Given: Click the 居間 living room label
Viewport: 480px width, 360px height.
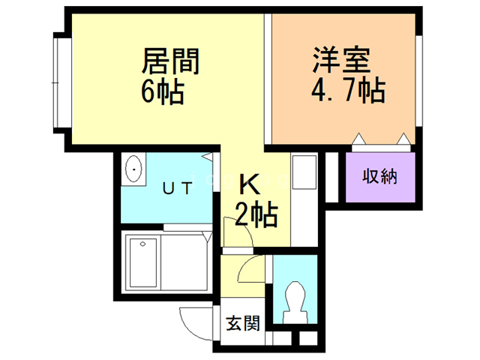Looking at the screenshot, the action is [x=170, y=61].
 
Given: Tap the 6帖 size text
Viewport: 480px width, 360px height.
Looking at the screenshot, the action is [x=163, y=91].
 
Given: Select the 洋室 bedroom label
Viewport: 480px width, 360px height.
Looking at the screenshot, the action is [x=341, y=59].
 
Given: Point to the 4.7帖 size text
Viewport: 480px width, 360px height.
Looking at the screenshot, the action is [x=348, y=89].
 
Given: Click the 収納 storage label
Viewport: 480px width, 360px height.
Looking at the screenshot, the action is [x=380, y=177].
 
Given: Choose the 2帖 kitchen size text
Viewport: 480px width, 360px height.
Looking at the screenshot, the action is [x=256, y=214].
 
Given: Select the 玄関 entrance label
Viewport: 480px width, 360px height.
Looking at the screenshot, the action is [x=243, y=323].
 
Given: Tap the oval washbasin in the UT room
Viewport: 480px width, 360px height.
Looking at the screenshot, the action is [x=133, y=169].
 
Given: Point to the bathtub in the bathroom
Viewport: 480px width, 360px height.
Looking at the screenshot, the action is [x=143, y=263].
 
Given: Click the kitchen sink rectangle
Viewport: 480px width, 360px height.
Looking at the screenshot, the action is [x=304, y=172].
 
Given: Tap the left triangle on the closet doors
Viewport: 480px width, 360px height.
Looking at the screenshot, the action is [x=358, y=139].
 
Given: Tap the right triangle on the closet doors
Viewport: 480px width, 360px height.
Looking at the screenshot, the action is [x=403, y=139].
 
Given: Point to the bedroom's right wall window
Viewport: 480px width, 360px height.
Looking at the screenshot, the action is [x=418, y=81].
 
